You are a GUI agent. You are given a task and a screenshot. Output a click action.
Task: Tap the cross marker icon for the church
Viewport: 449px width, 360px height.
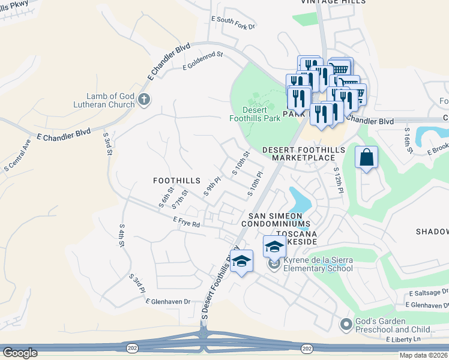[143, 100]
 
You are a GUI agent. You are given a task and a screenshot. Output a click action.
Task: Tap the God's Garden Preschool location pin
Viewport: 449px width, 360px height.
[345, 325]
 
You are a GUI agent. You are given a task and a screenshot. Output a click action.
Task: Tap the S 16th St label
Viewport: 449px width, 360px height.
[408, 139]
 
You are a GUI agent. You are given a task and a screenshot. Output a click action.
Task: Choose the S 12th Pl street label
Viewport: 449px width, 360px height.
[338, 179]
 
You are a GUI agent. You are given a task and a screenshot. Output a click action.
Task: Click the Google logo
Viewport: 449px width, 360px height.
[20, 353]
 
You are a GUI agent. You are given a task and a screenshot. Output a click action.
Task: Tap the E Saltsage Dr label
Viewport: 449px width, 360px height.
[428, 292]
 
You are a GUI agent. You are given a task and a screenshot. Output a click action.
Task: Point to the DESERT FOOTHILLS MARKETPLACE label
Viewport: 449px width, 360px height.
[303, 153]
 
